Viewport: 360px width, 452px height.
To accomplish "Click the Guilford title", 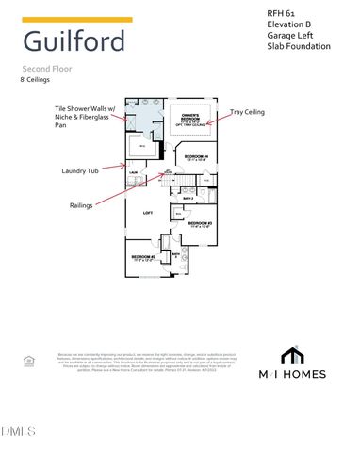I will click(74, 41).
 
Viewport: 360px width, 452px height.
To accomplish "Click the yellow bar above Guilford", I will click(76, 19).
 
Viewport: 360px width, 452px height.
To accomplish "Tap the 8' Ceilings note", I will click(36, 81).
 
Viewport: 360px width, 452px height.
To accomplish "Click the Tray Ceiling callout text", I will click(247, 112).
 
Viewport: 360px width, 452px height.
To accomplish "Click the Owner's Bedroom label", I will click(192, 119).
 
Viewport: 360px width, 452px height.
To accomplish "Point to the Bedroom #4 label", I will click(196, 156).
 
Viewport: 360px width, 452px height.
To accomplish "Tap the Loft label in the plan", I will click(148, 213).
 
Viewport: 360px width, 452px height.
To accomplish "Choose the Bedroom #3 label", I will click(199, 224).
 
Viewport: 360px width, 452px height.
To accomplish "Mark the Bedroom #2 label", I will click(143, 257).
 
